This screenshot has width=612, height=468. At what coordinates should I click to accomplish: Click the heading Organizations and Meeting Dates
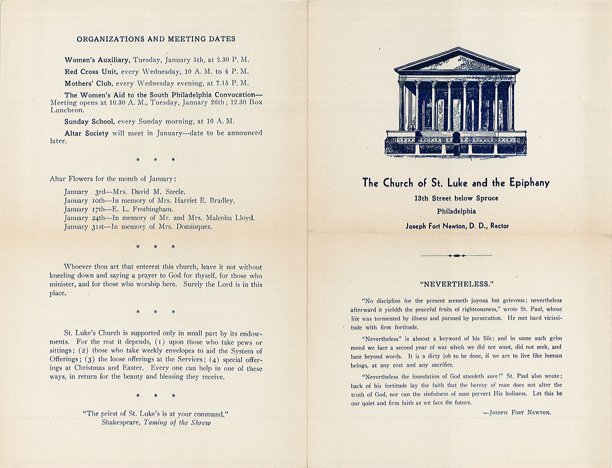[x=156, y=39]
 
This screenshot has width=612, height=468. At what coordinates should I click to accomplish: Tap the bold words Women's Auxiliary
[x=97, y=60]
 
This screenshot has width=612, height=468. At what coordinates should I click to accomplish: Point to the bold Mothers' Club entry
[x=89, y=83]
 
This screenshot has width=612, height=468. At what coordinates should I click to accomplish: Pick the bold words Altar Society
[x=86, y=133]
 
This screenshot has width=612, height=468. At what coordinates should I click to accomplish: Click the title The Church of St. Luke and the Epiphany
[x=456, y=183]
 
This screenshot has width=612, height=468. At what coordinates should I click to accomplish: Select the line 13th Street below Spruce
[x=456, y=198]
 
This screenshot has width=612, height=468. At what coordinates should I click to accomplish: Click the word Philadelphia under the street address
[x=456, y=211]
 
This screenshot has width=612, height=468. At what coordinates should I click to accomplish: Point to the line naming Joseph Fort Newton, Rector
[x=457, y=226]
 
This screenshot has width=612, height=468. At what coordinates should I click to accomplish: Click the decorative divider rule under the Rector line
[x=457, y=255]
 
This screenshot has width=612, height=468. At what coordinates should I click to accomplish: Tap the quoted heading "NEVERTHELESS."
[x=456, y=284]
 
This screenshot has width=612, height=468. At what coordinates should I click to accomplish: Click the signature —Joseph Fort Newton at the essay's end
[x=517, y=413]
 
